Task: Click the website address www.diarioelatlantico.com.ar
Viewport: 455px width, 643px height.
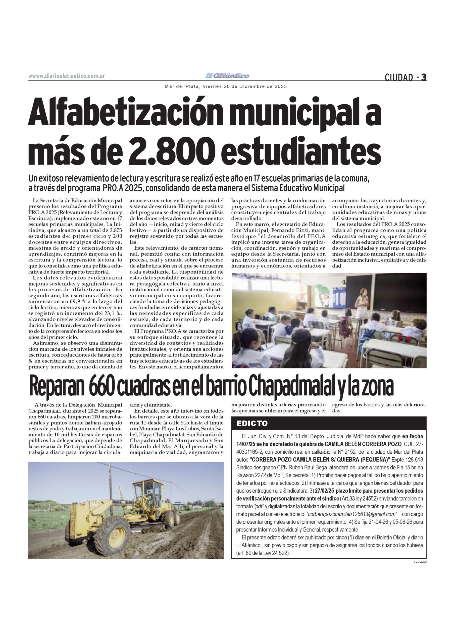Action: (x=67, y=76)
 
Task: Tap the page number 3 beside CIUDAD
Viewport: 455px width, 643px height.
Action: (x=424, y=77)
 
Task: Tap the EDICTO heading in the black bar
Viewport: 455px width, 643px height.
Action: (x=252, y=423)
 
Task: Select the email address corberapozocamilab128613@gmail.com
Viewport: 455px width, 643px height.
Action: (x=352, y=514)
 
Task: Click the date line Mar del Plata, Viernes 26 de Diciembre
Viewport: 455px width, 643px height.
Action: (x=226, y=87)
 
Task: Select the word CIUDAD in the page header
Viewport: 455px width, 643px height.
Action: (x=399, y=77)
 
